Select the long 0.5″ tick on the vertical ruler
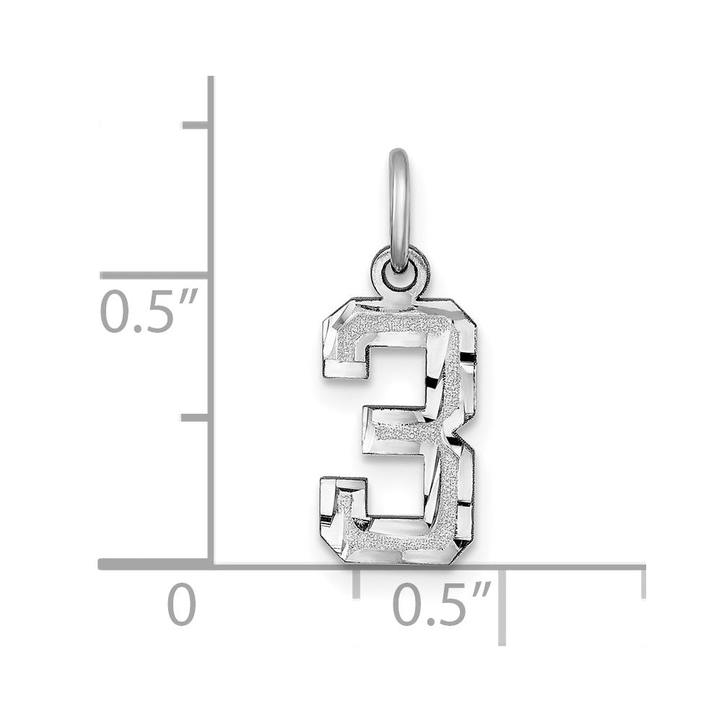155,275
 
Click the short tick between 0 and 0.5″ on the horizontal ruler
356,582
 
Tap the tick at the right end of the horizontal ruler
642,582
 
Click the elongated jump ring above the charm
399,209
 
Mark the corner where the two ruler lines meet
211,564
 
